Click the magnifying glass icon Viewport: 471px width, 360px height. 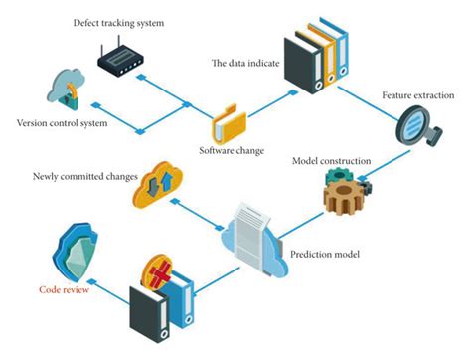[x=414, y=133]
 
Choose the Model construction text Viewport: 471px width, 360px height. [x=332, y=161]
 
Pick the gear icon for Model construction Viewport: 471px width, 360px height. [x=348, y=193]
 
